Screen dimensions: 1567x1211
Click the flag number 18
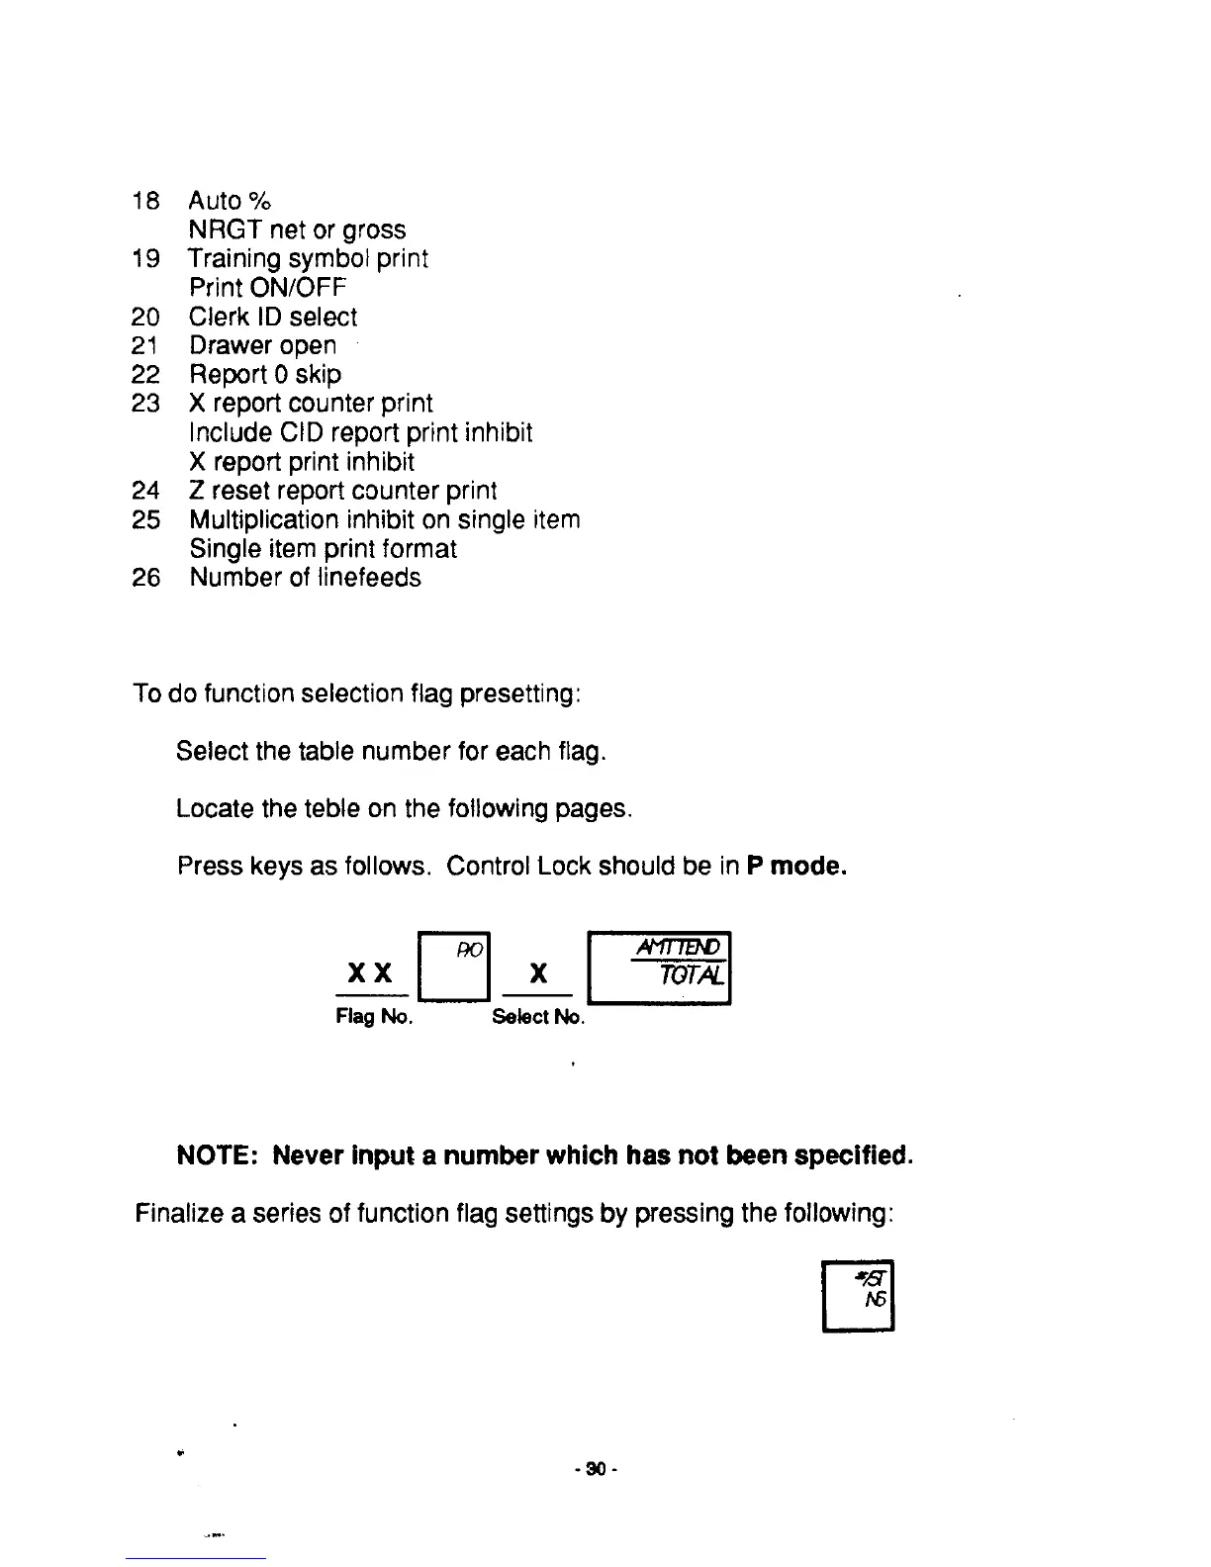(x=144, y=201)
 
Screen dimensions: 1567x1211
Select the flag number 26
(x=145, y=578)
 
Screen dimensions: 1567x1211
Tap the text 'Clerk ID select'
(x=273, y=318)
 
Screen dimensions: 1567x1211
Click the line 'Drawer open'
(x=262, y=346)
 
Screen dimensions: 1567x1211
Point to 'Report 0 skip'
(x=265, y=375)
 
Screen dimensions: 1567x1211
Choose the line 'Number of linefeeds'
(x=305, y=578)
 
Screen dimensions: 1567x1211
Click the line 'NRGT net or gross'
(x=297, y=230)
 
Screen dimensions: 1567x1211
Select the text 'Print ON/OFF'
(x=267, y=288)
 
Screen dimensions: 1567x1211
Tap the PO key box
(x=455, y=968)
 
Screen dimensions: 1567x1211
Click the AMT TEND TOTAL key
(x=659, y=968)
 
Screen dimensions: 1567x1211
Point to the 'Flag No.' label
(x=374, y=1017)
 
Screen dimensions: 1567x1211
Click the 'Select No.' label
(x=538, y=1017)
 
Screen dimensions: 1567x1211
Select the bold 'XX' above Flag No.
(x=372, y=973)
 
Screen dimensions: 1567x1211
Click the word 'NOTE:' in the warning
(x=217, y=1155)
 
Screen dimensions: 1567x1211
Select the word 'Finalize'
(x=177, y=1213)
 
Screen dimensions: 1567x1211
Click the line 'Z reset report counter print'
(x=342, y=492)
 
